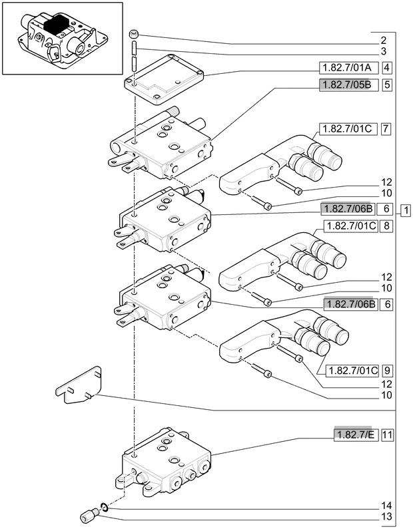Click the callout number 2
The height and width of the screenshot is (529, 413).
383,41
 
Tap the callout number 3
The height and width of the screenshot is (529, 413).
383,51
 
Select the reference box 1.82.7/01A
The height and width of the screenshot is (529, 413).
348,68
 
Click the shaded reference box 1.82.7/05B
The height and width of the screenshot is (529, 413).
348,85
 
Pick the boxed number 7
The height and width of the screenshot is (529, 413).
386,129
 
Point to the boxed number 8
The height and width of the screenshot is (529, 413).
386,226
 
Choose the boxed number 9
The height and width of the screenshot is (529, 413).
387,371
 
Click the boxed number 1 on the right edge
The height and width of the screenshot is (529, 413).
406,210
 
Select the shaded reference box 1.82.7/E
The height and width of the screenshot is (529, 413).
356,435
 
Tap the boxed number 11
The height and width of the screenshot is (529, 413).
387,435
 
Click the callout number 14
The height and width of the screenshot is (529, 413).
386,506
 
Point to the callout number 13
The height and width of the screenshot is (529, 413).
386,516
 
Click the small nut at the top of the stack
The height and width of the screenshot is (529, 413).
134,34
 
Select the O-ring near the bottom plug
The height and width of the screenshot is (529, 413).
105,506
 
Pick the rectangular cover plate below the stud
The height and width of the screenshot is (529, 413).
164,80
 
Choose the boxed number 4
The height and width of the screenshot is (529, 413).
387,68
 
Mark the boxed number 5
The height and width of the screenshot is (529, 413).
387,85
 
